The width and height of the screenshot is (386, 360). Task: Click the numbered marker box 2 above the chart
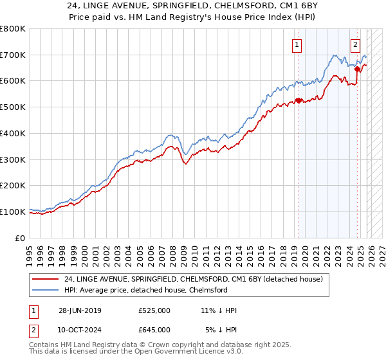pos(355,45)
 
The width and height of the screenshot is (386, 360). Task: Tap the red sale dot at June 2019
pos(299,100)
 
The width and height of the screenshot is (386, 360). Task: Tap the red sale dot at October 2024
pos(357,69)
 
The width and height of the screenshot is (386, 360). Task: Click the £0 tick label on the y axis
pos(21,238)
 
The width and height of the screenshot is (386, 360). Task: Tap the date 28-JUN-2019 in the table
pos(80,310)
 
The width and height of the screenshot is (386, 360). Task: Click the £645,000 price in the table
pos(154,329)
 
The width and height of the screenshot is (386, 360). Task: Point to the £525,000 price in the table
pos(154,310)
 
